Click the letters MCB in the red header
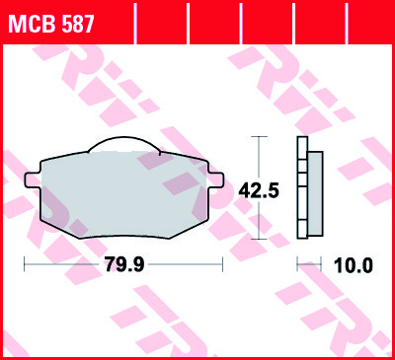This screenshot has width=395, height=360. tap(33, 24)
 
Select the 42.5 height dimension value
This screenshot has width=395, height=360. tap(259, 191)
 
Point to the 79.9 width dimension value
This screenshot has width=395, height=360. tap(124, 264)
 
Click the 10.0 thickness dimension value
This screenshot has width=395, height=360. tap(354, 265)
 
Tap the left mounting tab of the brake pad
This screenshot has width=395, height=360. tap(33, 180)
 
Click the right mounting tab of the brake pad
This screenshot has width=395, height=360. tap(215, 180)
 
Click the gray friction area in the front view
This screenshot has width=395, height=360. tap(123, 194)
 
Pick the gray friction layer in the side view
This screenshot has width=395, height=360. tap(315, 193)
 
